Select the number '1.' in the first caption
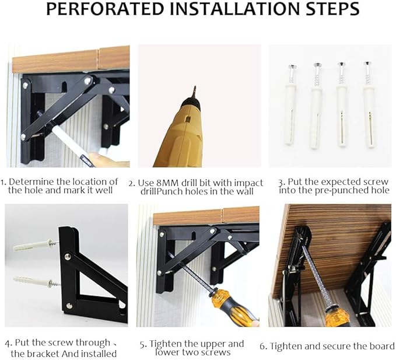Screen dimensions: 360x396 (4, 182)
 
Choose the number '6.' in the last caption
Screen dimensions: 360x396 (263, 346)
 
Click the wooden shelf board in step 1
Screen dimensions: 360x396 (70, 59)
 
